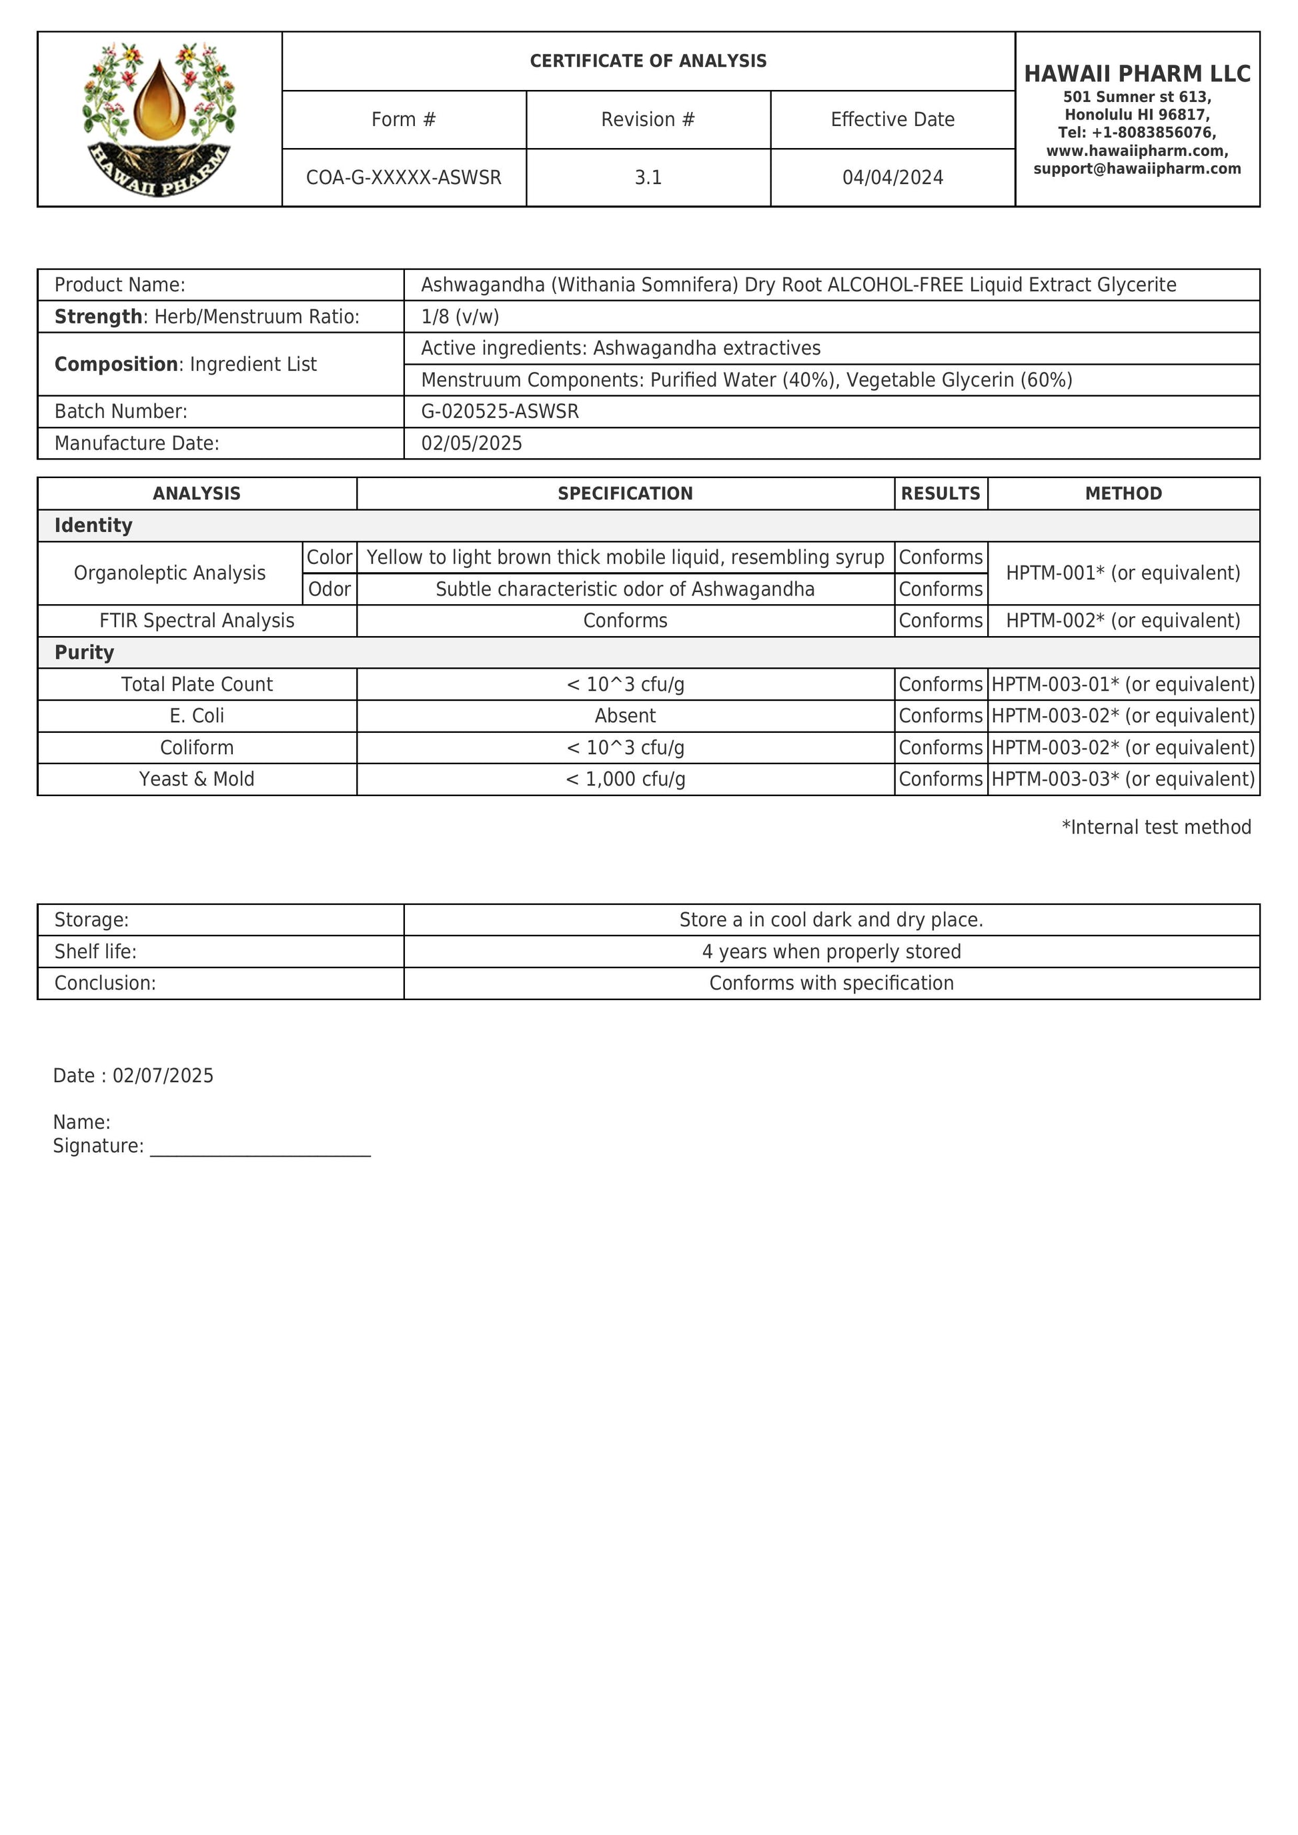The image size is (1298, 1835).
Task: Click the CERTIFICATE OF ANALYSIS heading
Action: pos(648,61)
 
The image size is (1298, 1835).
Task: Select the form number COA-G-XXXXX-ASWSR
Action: pos(404,177)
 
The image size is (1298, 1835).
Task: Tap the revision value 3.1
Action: pos(648,177)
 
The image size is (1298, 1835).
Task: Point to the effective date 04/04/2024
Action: pos(892,177)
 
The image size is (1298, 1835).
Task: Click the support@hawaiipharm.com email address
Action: pos(1137,169)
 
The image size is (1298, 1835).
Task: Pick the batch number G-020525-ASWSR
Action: pos(500,411)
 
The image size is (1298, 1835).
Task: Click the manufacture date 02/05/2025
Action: pos(472,443)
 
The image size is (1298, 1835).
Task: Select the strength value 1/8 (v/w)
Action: pos(460,317)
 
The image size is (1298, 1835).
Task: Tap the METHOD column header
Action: pos(1123,494)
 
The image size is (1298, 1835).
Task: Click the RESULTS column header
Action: pos(940,494)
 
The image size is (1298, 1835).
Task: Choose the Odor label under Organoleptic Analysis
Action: pos(330,589)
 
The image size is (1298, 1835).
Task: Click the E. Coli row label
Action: pos(197,716)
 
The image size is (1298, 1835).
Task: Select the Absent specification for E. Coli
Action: pos(625,716)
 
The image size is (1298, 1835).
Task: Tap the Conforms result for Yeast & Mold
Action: pos(940,779)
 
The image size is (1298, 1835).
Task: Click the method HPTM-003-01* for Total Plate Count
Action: pos(1123,684)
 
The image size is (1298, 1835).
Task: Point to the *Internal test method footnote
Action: pos(1156,827)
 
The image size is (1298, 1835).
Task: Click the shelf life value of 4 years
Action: pos(831,952)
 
